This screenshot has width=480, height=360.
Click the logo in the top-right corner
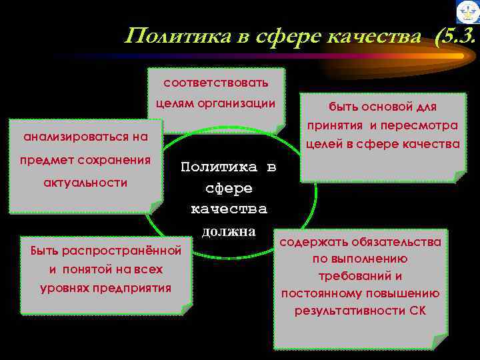tap(467, 12)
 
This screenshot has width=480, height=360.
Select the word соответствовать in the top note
tap(216, 83)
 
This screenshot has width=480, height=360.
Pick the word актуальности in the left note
tap(76, 183)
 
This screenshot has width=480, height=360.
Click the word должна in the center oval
tap(229, 231)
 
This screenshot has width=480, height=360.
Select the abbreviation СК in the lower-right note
tap(417, 311)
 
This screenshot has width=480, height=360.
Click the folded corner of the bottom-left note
tap(186, 309)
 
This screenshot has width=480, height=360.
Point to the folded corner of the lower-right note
tap(439, 342)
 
